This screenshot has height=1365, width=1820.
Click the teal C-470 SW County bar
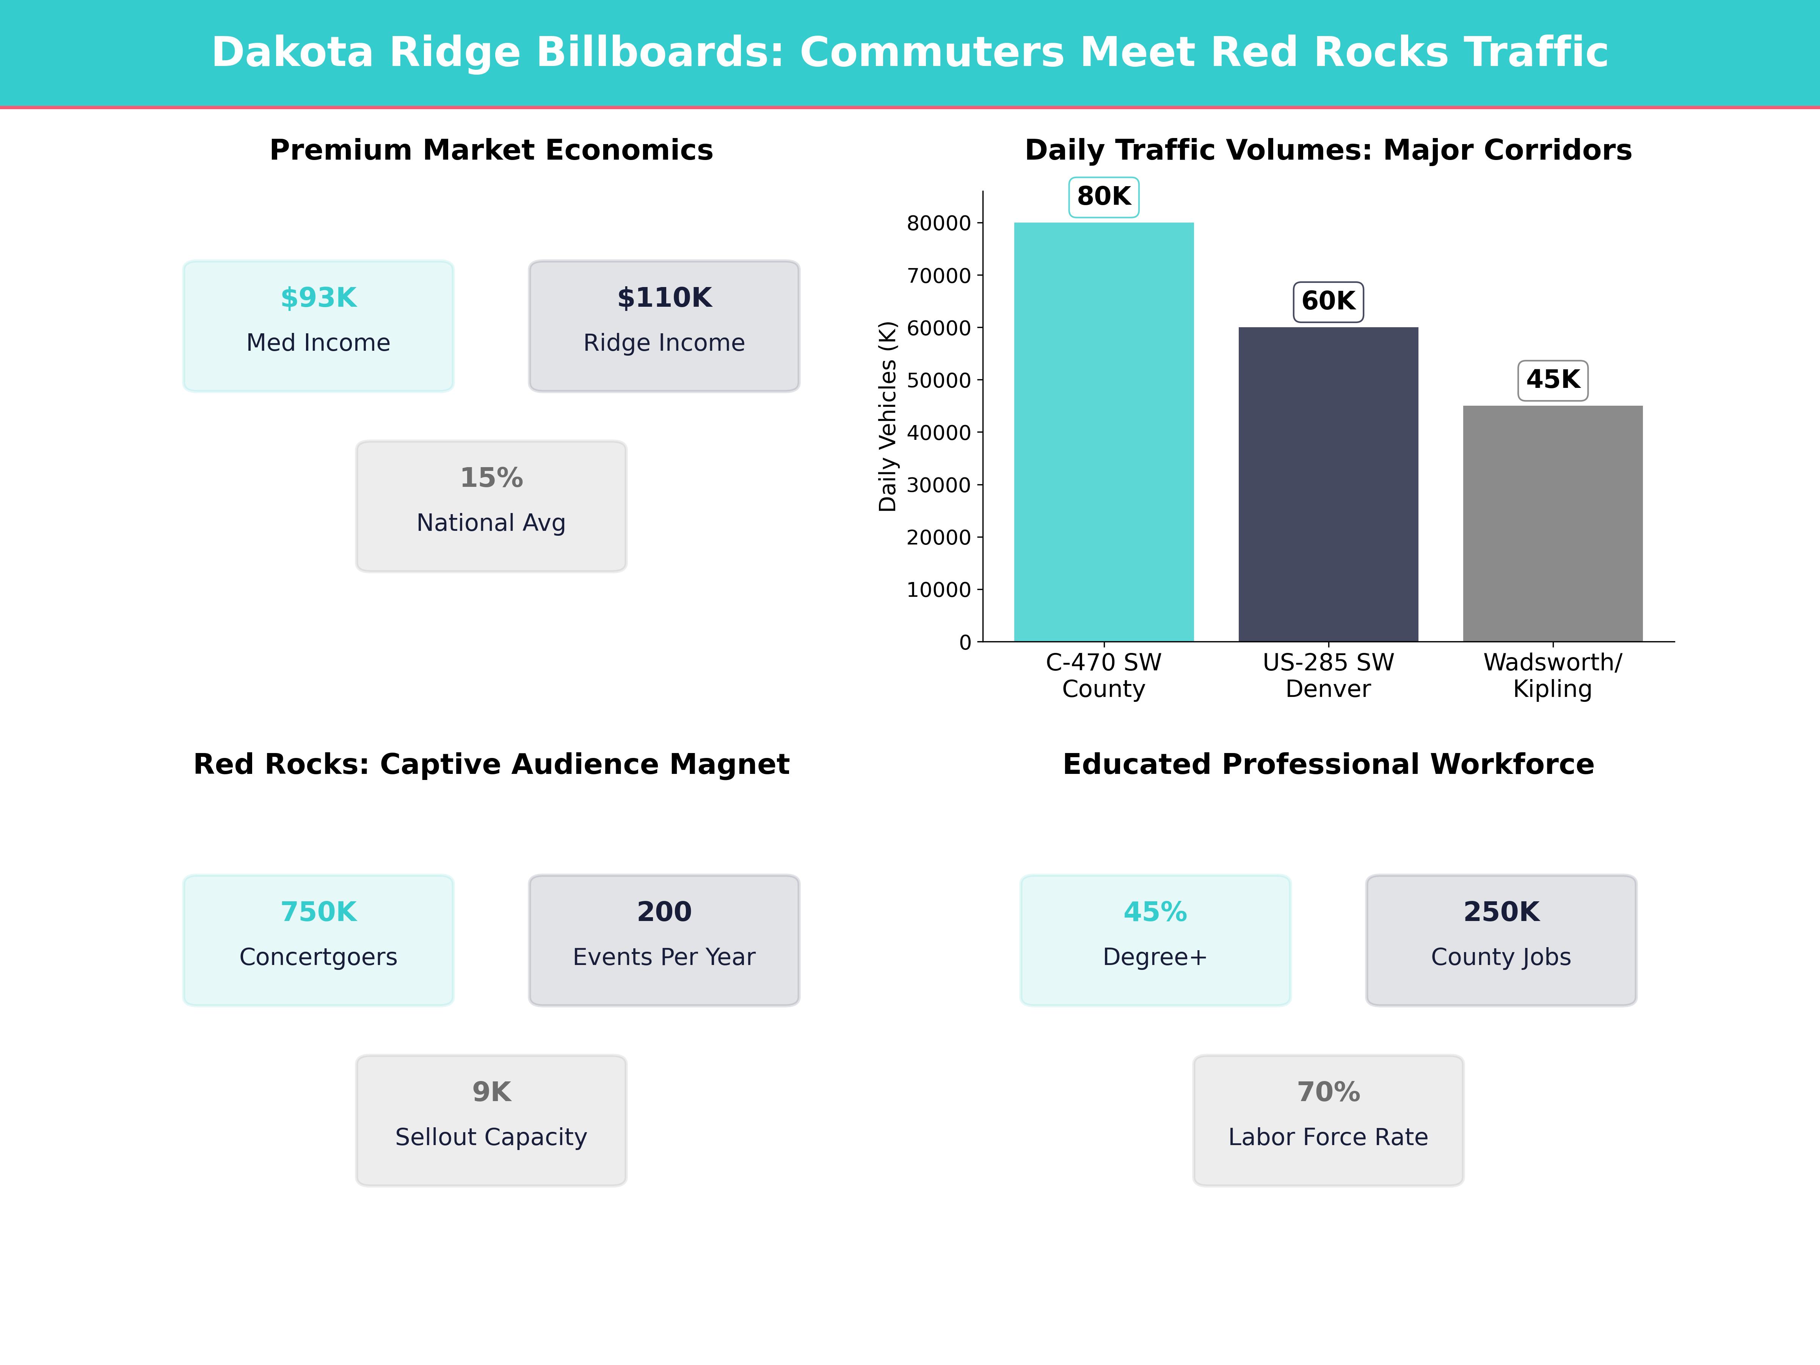coord(1103,432)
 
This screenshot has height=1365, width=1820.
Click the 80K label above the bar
coord(1103,197)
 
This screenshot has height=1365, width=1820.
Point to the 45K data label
coord(1553,380)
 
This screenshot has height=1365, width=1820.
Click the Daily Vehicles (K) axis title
coord(887,416)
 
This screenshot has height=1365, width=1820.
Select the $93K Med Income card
coord(318,326)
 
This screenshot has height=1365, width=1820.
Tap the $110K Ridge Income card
coord(664,326)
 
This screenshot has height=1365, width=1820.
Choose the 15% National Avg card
coord(491,506)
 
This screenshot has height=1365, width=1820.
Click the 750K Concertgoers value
coord(318,912)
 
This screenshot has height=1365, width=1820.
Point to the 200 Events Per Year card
coord(664,940)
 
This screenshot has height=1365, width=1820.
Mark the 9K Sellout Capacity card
coord(491,1120)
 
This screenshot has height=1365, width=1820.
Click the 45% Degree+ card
coord(1155,940)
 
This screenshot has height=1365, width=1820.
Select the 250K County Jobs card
coord(1501,940)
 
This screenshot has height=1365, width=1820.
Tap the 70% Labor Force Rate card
coord(1328,1120)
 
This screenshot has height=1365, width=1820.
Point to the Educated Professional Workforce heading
coord(1328,764)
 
